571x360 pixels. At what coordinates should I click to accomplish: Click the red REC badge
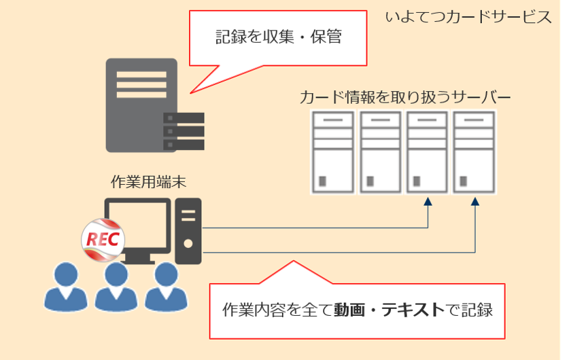coord(103,240)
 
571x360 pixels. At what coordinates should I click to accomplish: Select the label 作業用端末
coord(149,181)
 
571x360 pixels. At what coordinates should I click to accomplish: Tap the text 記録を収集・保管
coord(279,37)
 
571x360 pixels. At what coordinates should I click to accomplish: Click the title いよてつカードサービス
coord(468,17)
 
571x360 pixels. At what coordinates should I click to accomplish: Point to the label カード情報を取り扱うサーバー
coord(405,97)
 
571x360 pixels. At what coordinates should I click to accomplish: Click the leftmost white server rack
coord(333,151)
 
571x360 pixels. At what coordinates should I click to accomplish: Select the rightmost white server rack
coord(474,151)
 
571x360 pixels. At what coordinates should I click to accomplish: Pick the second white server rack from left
coord(380,151)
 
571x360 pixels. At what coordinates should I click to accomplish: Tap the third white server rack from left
coord(427,151)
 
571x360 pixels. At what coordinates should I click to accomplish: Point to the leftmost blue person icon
coord(66,287)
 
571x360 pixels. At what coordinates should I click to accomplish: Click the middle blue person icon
coord(116,287)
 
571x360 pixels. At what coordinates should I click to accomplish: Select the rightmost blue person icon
coord(166,287)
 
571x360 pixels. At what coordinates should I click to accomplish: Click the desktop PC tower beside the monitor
coord(188,231)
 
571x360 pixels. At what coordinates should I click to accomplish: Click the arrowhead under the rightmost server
coord(475,202)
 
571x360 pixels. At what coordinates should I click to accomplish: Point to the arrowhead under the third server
coord(428,202)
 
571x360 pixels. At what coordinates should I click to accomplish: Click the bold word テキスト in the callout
coord(413,310)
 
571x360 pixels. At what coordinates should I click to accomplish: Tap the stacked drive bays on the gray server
coord(184,131)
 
